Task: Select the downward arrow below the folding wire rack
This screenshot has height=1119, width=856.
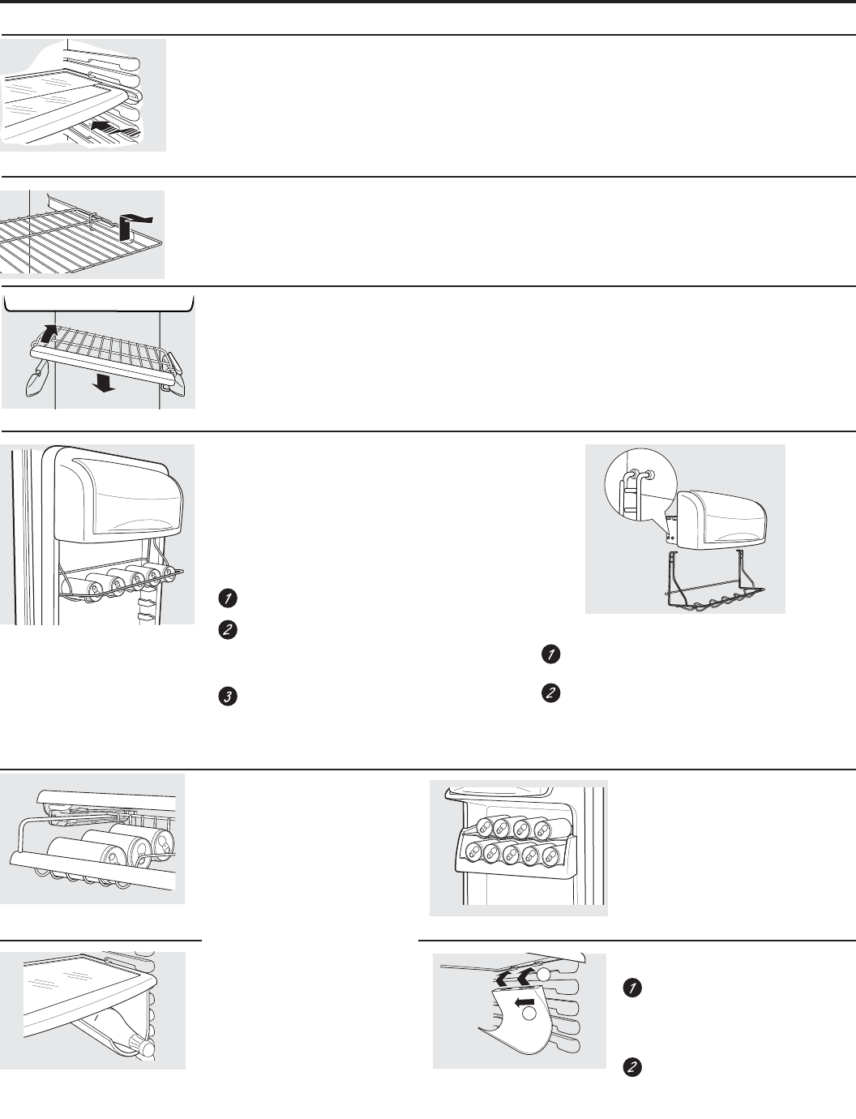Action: click(x=103, y=384)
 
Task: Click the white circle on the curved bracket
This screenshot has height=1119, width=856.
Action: click(x=529, y=1013)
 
